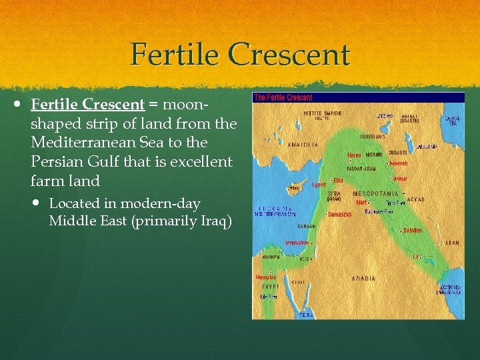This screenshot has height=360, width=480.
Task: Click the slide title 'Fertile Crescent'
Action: coord(240,55)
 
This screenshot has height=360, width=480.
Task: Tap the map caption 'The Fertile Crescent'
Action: coord(283,97)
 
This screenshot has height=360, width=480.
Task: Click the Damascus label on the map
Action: coord(340,214)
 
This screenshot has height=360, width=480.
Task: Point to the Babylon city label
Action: coord(413,230)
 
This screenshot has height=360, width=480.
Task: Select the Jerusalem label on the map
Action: coord(297,243)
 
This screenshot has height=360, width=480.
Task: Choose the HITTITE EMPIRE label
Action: coord(321,113)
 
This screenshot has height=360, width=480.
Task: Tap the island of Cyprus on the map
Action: coord(294,189)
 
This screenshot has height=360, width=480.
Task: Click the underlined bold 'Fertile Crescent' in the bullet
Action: coord(87,105)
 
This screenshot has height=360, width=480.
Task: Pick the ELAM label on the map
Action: coord(452,243)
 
